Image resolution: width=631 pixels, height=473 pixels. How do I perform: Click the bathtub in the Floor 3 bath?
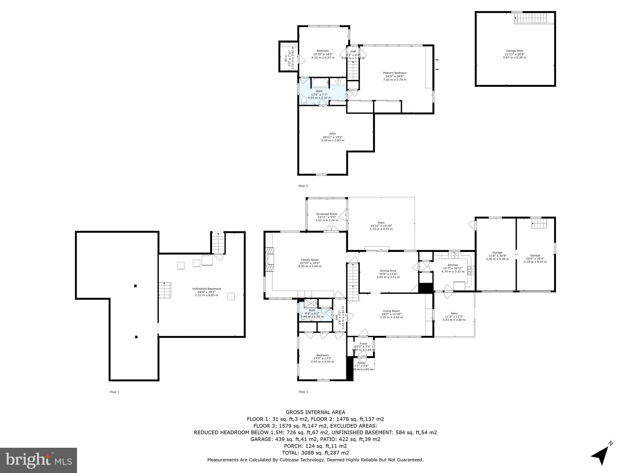coord(320,83)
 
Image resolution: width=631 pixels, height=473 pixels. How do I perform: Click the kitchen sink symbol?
coord(455,255)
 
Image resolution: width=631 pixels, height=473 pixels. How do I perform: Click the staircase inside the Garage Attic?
coord(531,18)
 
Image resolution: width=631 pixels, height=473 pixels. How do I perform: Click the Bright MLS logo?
coord(39,460)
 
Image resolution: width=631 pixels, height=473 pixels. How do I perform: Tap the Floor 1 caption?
coord(114,392)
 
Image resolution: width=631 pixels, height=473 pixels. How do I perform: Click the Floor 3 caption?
coord(303,186)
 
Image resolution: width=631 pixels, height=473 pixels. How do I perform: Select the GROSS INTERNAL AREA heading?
coord(315,412)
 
